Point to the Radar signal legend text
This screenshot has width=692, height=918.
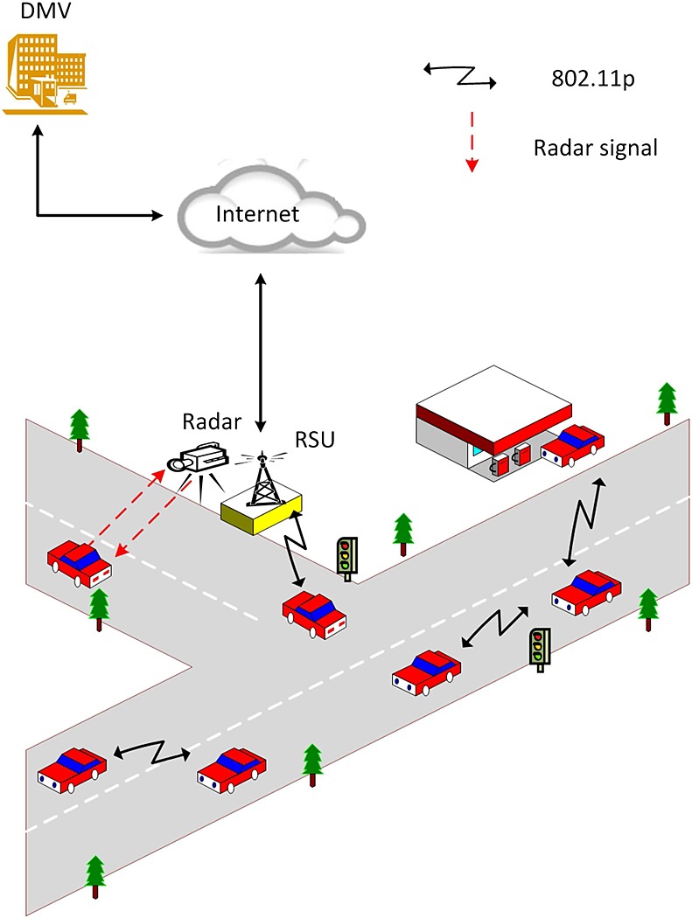coord(595,147)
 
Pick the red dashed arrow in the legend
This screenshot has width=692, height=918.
coord(472,140)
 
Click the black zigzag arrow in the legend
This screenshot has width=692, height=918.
coord(460,77)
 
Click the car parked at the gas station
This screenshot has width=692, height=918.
coord(573,443)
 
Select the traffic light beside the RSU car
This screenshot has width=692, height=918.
coord(346,556)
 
